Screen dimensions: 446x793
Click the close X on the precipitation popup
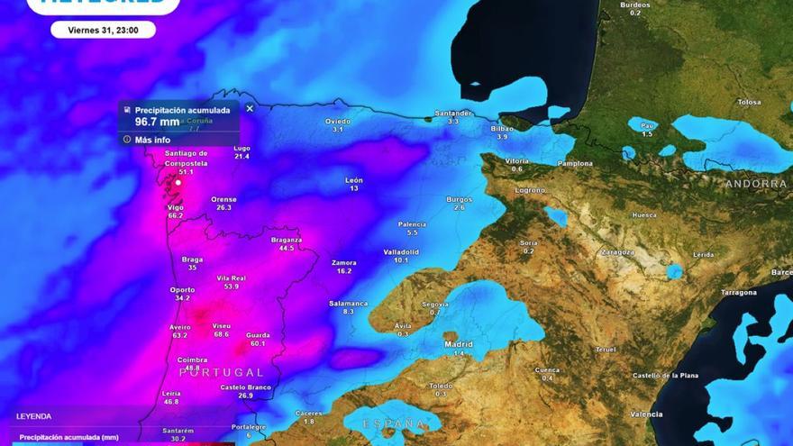250,108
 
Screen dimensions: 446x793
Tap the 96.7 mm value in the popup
158,122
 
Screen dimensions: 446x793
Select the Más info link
152,140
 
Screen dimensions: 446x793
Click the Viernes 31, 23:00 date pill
103,30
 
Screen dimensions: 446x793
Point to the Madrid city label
458,343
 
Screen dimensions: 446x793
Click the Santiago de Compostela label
187,159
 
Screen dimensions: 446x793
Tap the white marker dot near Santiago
178,182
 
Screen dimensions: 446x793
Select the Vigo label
175,207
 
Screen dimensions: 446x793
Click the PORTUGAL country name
222,372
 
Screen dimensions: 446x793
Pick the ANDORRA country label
756,184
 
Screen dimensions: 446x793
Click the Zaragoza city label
617,252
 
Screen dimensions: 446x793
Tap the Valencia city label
647,414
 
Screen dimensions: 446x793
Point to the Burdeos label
635,5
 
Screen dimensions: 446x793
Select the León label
354,180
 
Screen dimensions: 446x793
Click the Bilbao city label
502,129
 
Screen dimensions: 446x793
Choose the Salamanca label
348,304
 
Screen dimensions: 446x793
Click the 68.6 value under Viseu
222,334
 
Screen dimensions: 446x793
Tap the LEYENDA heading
34,416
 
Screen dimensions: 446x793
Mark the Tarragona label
738,292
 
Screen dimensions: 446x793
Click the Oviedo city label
338,121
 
